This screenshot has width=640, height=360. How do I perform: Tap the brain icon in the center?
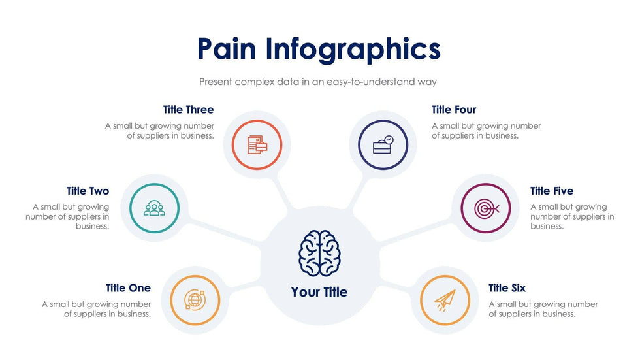tap(319, 253)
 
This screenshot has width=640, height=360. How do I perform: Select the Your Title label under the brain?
tap(319, 292)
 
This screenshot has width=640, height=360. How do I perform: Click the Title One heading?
tap(128, 288)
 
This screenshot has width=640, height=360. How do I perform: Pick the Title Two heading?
tap(88, 191)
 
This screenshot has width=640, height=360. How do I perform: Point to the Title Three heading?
tap(188, 110)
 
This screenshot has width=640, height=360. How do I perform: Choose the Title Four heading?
tap(454, 110)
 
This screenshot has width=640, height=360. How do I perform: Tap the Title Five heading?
tap(552, 191)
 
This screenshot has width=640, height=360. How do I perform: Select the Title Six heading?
tap(507, 288)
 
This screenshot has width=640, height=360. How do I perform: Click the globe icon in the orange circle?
tap(194, 300)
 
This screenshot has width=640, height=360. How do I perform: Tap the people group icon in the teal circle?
tap(155, 208)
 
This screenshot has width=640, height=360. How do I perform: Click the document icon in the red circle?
tap(257, 144)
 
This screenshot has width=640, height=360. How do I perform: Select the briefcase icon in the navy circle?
tap(383, 144)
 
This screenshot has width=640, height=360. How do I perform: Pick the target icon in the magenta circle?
tap(486, 208)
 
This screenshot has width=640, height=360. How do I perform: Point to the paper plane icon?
tap(445, 300)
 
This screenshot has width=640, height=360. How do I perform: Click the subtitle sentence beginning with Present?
tap(318, 82)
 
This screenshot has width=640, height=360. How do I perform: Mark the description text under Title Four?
tap(487, 131)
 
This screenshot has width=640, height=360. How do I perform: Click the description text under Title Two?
tap(67, 216)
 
